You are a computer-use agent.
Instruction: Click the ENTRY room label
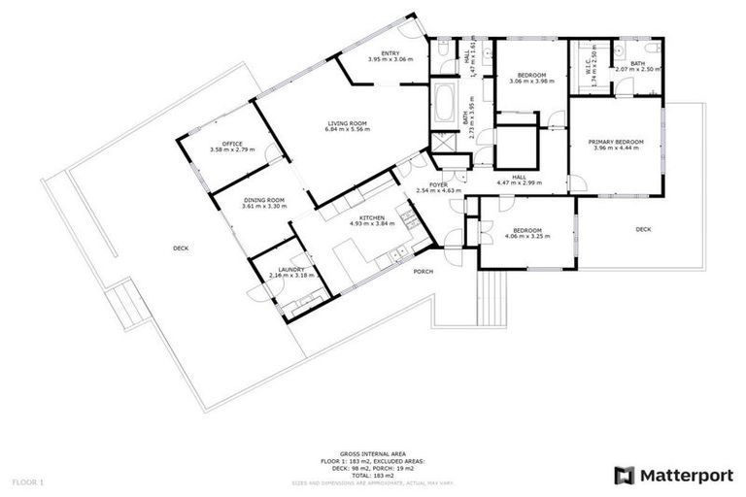[390, 53]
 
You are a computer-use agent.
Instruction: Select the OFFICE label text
[231, 144]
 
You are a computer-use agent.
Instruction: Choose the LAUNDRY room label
[291, 269]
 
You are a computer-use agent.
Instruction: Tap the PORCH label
[423, 272]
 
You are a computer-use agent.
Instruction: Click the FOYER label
[438, 183]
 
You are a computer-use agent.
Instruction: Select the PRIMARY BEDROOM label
[616, 143]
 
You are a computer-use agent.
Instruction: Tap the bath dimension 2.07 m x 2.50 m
[638, 70]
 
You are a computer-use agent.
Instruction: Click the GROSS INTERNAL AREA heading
[372, 453]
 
